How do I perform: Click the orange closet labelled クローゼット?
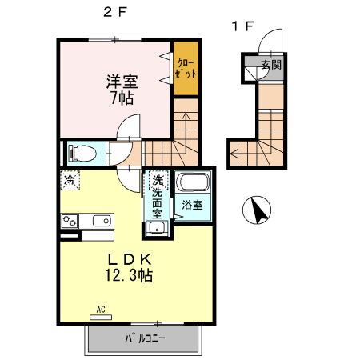[x=186, y=66]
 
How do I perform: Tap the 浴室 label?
[x=192, y=205]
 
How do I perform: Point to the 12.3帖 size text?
[x=126, y=276]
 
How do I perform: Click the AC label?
[x=102, y=308]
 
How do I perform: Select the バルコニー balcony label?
[x=144, y=339]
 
